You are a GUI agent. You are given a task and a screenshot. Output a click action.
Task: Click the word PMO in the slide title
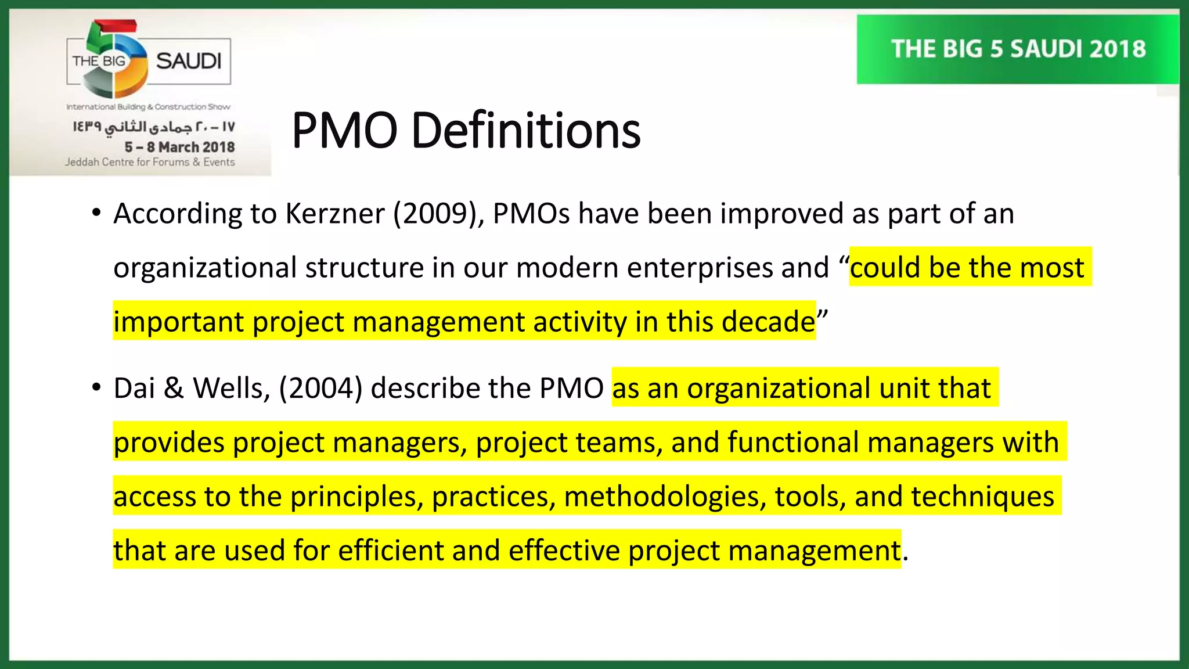click(x=344, y=130)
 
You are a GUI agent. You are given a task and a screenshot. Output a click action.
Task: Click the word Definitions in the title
click(x=525, y=130)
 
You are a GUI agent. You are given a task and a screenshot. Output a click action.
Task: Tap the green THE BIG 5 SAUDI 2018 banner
click(x=1018, y=49)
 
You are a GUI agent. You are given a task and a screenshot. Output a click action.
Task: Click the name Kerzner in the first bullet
click(x=334, y=214)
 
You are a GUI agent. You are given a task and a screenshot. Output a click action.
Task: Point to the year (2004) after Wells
click(x=320, y=388)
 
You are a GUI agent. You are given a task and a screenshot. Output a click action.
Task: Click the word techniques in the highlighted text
click(x=982, y=497)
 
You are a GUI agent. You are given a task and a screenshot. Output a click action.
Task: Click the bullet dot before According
click(x=96, y=213)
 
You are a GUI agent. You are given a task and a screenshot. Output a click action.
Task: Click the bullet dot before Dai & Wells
click(x=96, y=387)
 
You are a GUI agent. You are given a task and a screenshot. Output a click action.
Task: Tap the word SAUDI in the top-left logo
click(x=189, y=61)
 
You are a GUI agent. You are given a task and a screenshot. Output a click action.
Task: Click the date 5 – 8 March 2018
click(x=179, y=147)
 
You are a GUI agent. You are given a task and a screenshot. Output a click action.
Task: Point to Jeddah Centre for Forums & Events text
click(x=150, y=162)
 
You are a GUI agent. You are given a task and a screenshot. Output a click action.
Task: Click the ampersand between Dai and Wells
click(x=174, y=388)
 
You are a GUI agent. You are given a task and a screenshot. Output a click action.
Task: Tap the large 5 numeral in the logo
click(x=116, y=58)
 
